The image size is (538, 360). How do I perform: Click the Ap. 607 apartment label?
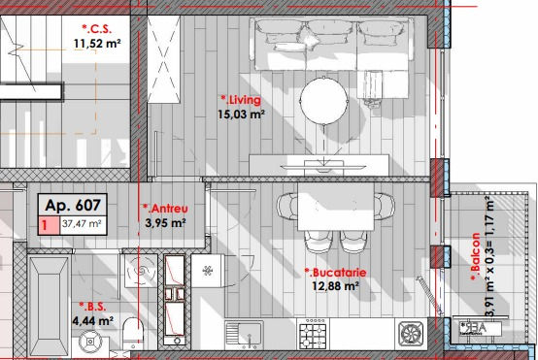tap(73, 206)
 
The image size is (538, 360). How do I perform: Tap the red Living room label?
tap(241, 100)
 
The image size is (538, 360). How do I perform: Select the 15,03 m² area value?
tap(241, 115)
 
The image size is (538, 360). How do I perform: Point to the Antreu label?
tap(165, 209)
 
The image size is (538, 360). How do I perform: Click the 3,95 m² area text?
tap(165, 223)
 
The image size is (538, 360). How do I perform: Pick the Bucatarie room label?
tap(336, 273)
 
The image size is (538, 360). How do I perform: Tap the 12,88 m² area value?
tap(336, 285)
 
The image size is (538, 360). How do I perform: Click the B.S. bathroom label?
tap(92, 307)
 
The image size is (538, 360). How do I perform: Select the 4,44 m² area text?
tap(93, 321)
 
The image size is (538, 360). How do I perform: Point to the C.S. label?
tap(97, 29)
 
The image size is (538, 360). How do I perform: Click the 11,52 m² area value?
tap(97, 44)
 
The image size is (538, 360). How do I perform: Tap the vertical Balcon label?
tap(476, 256)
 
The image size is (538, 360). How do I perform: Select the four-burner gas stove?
tap(313, 334)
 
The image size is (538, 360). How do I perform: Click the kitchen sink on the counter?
tap(244, 334)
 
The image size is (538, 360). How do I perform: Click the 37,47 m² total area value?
tap(82, 224)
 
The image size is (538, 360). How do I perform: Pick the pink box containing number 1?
tap(49, 225)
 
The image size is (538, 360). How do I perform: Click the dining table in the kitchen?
tap(336, 207)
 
